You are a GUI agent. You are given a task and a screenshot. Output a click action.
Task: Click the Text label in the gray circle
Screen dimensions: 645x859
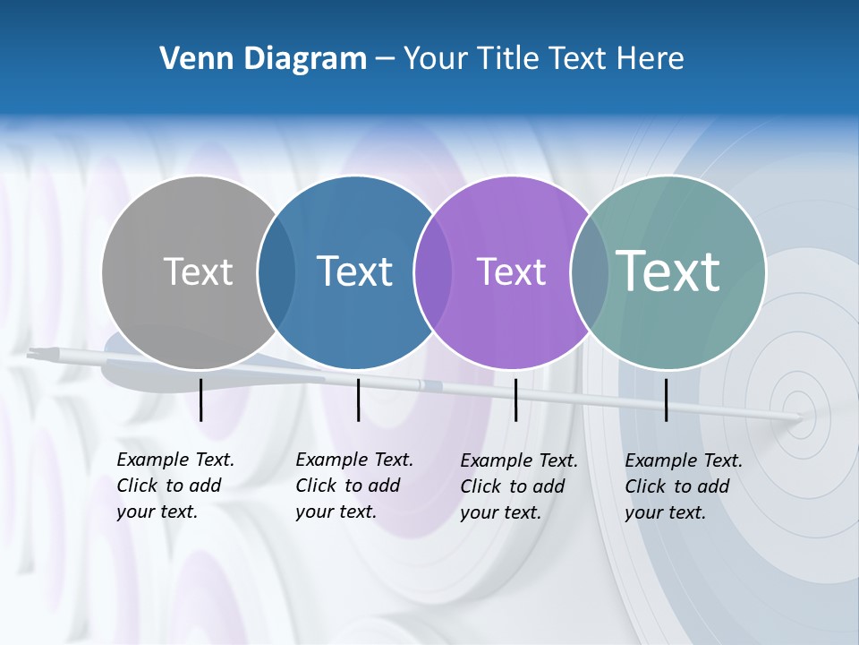pyautogui.click(x=198, y=271)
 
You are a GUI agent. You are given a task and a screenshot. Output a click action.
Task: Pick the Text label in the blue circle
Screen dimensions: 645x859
pyautogui.click(x=354, y=271)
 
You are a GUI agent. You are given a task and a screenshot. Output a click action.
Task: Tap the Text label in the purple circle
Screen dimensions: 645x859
pyautogui.click(x=511, y=271)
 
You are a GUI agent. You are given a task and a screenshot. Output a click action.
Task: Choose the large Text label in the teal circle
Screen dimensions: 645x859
pyautogui.click(x=668, y=271)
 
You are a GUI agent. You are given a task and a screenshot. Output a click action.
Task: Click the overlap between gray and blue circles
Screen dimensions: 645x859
pyautogui.click(x=276, y=271)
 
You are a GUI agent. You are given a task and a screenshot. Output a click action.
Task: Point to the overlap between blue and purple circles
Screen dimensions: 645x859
pyautogui.click(x=433, y=271)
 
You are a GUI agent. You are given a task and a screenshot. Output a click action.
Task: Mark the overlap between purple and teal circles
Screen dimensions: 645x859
pyautogui.click(x=589, y=271)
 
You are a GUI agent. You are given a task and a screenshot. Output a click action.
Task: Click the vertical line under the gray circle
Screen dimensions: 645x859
pyautogui.click(x=201, y=400)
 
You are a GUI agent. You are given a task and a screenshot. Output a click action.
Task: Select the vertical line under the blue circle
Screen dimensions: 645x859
pyautogui.click(x=358, y=400)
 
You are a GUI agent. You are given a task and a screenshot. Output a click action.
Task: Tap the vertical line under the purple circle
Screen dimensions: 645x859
pyautogui.click(x=516, y=400)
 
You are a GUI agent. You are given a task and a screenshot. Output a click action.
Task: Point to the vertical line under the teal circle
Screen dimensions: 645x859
pyautogui.click(x=667, y=400)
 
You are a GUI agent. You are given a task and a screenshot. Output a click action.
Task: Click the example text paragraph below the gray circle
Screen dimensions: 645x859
pyautogui.click(x=174, y=486)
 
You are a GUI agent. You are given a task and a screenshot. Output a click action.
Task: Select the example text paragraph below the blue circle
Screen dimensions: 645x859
pyautogui.click(x=353, y=486)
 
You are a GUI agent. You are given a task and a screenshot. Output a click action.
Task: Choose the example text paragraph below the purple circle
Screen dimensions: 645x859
pyautogui.click(x=518, y=486)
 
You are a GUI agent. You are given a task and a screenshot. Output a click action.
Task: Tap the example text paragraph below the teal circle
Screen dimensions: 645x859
pyautogui.click(x=683, y=486)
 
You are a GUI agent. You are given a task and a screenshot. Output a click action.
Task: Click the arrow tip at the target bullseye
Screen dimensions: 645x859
pyautogui.click(x=799, y=417)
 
